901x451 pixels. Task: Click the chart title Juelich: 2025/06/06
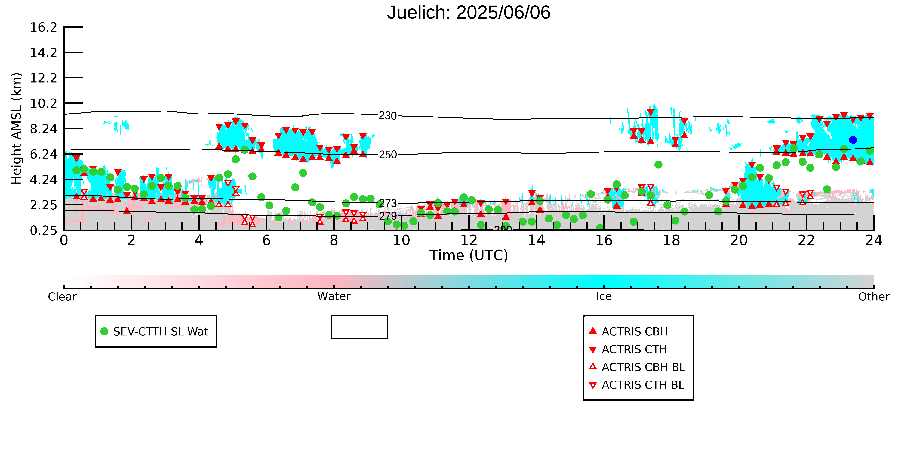click(x=469, y=13)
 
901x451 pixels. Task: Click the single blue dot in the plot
click(x=853, y=140)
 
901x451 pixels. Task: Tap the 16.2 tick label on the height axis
click(x=43, y=27)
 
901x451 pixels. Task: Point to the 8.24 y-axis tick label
click(x=43, y=129)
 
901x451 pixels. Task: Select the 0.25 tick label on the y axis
click(x=43, y=230)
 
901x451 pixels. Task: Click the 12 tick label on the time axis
click(x=469, y=241)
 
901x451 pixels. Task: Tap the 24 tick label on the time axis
click(x=874, y=241)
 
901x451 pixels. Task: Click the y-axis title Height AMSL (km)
click(x=17, y=129)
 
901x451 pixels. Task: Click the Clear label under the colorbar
click(x=62, y=297)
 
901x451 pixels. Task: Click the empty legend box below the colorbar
click(x=359, y=316)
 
